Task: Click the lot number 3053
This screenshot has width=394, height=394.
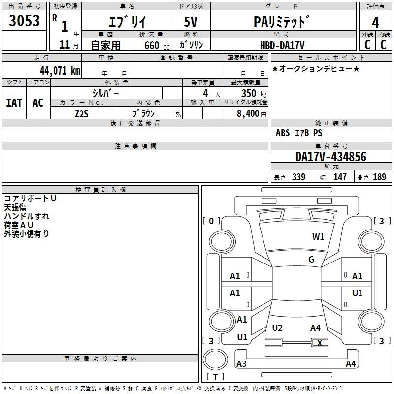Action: (25, 21)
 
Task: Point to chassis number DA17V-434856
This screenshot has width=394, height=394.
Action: (331, 157)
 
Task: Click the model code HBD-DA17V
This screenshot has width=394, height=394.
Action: (282, 45)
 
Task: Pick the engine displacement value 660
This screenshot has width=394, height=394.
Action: (152, 45)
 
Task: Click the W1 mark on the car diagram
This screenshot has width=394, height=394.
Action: (318, 237)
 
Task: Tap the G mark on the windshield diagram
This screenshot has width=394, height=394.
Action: (311, 260)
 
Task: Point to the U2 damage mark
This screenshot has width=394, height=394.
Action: (277, 328)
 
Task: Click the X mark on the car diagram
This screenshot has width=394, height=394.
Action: (320, 343)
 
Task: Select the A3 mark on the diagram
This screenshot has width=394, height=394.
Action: (241, 364)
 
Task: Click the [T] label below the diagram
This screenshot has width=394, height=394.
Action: (215, 377)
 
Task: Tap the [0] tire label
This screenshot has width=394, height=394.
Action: (212, 221)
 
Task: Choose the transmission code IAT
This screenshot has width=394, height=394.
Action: (14, 102)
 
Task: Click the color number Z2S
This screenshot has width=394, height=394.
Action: (81, 113)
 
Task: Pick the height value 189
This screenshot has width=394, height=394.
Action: (379, 177)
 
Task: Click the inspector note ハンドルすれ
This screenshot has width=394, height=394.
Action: (27, 216)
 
